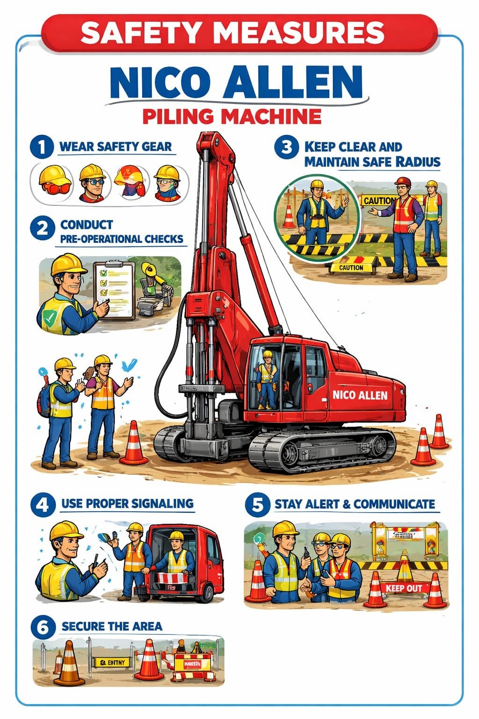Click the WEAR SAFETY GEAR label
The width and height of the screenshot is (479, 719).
tap(116, 147)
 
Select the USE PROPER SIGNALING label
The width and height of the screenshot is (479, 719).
tap(127, 504)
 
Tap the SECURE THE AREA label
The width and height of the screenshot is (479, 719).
tap(112, 626)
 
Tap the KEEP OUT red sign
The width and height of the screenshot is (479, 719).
tap(404, 588)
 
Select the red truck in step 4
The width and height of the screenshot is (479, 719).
tap(187, 564)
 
